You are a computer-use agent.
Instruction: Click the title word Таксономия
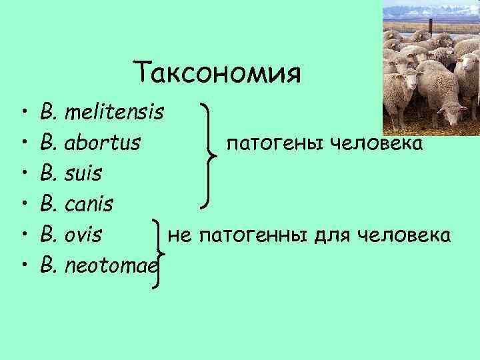(x=217, y=72)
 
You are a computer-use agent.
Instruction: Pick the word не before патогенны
(x=179, y=235)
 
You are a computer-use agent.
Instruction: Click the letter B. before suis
(x=49, y=173)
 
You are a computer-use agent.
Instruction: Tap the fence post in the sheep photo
(x=431, y=26)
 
